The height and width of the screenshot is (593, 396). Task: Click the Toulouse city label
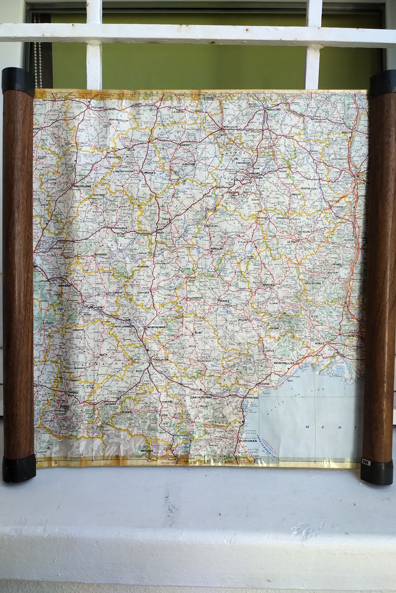click(x=160, y=359)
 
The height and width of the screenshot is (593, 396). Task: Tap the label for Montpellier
click(x=284, y=362)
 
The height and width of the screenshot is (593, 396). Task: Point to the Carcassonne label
click(x=202, y=397)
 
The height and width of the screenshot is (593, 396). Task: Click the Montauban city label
click(x=156, y=327)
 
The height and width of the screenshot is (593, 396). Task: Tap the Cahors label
click(x=144, y=292)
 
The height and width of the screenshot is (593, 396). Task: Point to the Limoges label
click(x=150, y=173)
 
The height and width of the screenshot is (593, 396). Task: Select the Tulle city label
click(x=164, y=219)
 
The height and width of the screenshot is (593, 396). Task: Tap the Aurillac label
click(x=217, y=249)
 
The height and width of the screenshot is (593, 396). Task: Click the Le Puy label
click(x=292, y=242)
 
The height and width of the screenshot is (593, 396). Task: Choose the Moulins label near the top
click(x=273, y=110)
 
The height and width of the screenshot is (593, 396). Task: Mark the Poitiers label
click(x=98, y=107)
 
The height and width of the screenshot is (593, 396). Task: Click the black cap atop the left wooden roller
click(x=18, y=81)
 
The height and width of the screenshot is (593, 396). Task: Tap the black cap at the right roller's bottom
click(x=376, y=472)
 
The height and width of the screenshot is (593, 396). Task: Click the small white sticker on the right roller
click(x=366, y=461)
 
